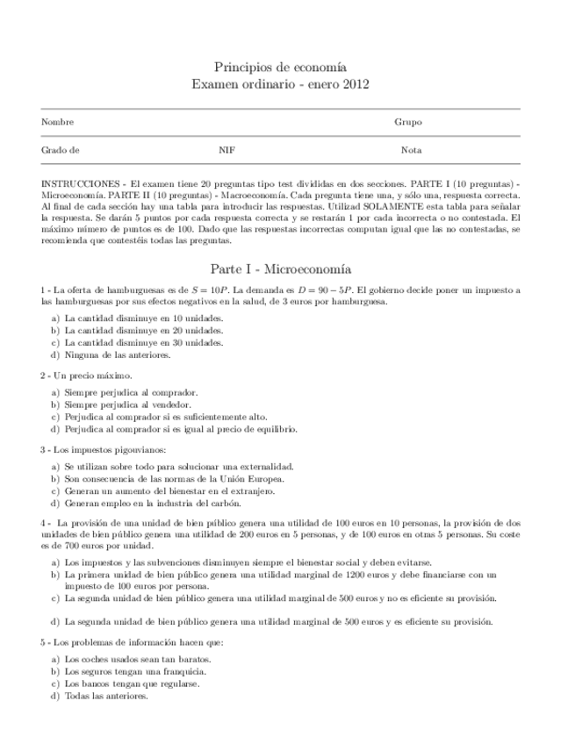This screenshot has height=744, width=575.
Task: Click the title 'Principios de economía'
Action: pos(280,68)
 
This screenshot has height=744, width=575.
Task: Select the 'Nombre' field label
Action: pos(57,123)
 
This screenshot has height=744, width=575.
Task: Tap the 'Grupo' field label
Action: pos(408,123)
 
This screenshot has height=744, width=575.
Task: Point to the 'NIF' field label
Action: pos(226,150)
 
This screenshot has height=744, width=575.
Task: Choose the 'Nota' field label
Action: pos(411,150)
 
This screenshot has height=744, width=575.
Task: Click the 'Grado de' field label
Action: pos(61,150)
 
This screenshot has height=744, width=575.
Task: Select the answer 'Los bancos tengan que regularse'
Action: pos(132,683)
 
